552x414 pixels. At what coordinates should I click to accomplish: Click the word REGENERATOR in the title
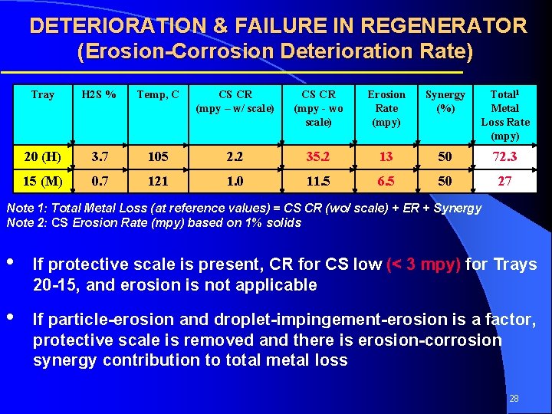(444, 26)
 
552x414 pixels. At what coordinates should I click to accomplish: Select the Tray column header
(43, 95)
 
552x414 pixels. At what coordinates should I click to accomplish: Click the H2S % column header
(100, 95)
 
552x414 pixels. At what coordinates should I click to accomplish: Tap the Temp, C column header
(158, 95)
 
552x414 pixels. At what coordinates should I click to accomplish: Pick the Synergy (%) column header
(445, 101)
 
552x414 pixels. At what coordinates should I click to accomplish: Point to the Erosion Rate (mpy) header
(386, 108)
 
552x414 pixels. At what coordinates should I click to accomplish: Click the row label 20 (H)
(43, 157)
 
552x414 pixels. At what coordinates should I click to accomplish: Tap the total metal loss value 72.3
(505, 157)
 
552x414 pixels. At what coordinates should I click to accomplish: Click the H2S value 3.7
(100, 157)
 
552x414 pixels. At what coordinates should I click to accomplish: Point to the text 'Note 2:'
(25, 223)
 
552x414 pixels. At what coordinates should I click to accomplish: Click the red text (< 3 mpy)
(424, 264)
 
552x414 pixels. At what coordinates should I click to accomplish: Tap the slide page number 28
(514, 399)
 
